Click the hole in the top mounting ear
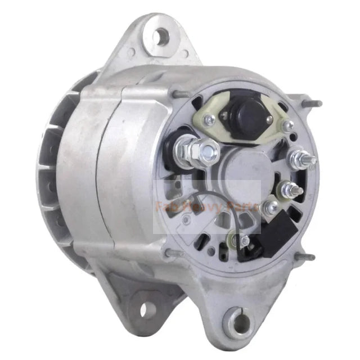click(161, 37)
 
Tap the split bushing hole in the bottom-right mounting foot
click(243, 323)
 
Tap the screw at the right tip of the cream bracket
click(287, 125)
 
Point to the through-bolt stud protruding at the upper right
click(315, 103)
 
